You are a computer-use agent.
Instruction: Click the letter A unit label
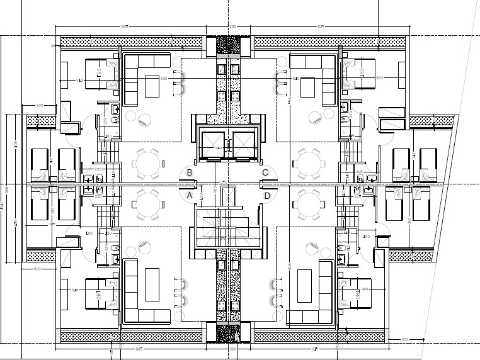(189, 196)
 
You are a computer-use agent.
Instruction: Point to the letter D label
(267, 196)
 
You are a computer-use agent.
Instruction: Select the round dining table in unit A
(147, 205)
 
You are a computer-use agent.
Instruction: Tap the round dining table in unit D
(309, 205)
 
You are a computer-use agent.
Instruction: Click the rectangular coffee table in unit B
(152, 86)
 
